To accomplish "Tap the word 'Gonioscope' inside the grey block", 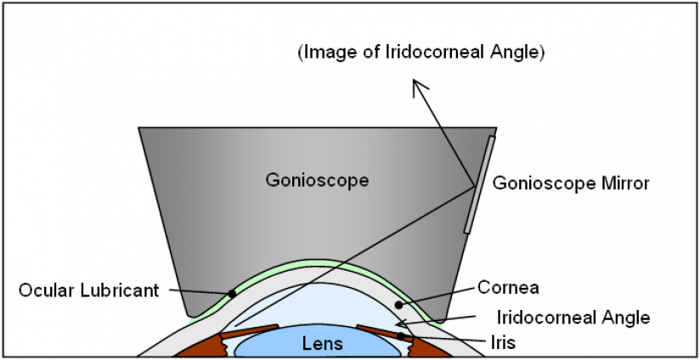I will tap(307, 180).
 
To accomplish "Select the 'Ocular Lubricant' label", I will tap(88, 290).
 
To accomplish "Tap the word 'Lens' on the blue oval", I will tap(322, 344).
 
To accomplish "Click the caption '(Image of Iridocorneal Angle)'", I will tap(421, 53).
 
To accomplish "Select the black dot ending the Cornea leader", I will tap(396, 302).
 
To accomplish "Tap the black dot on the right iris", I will tap(401, 336).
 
